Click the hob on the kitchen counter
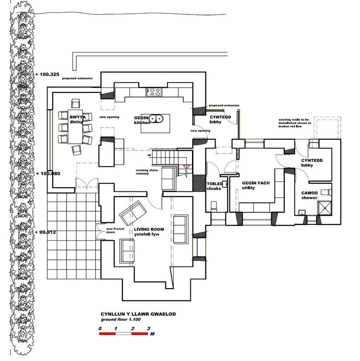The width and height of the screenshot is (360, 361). [x=154, y=92]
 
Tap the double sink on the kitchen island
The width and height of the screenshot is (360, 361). [x=156, y=118]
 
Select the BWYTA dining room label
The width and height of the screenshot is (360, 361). [x=77, y=120]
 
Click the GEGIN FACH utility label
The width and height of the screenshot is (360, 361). [x=256, y=185]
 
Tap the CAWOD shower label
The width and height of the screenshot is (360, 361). [x=309, y=195]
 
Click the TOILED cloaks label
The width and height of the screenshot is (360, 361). [x=215, y=186]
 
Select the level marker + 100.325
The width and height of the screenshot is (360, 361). [x=48, y=74]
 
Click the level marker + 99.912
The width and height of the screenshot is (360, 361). [x=46, y=232]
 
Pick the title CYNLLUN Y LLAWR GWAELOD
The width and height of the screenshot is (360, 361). [x=138, y=314]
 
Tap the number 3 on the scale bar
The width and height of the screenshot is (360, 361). [x=149, y=329]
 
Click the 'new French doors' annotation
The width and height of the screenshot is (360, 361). [x=115, y=231]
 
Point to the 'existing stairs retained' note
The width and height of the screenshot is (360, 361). [x=147, y=172]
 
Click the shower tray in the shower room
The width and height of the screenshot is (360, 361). [x=325, y=208]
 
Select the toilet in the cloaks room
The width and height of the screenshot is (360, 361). [x=214, y=206]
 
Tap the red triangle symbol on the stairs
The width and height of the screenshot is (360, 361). [x=186, y=167]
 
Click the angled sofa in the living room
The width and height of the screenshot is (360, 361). [x=133, y=213]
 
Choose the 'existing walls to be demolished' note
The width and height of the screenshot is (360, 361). [x=295, y=123]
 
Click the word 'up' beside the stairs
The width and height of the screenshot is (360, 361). [x=149, y=155]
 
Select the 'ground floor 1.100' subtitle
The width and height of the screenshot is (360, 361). [x=121, y=319]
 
